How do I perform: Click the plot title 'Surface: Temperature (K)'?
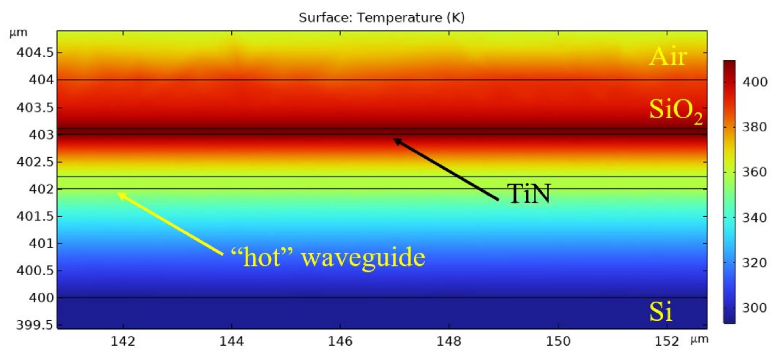382,17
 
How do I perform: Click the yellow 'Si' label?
661,312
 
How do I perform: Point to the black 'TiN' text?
529,194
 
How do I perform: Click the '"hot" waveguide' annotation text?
328,257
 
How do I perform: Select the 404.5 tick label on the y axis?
35,53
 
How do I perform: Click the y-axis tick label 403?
41,135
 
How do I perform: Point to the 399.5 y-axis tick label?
35,325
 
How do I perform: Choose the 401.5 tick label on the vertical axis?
35,216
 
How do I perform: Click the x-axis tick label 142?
123,341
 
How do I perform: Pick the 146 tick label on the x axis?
340,341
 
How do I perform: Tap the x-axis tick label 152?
667,341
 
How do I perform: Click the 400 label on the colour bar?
755,82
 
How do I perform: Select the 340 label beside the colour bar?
755,218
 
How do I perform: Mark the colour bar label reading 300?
755,308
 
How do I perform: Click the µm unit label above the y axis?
18,32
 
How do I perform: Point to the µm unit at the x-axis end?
700,339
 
